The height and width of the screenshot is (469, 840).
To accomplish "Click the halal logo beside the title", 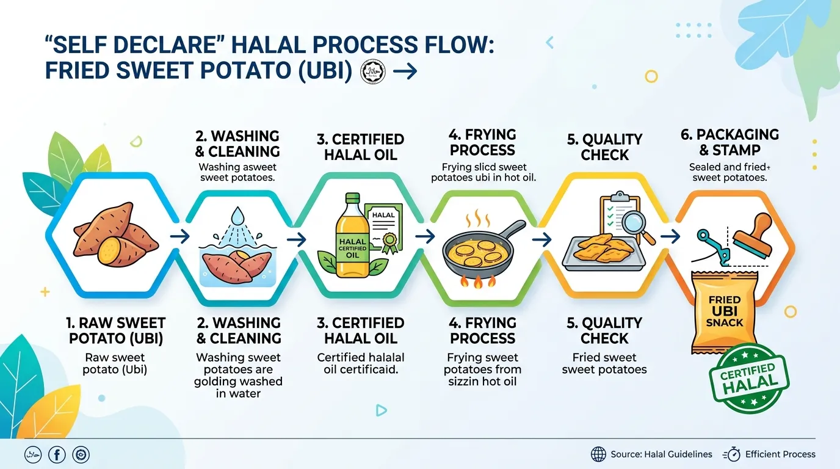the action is (x=373, y=71).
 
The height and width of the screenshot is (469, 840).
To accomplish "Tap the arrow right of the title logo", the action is (x=405, y=71).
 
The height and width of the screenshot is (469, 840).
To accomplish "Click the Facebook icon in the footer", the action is (x=57, y=455).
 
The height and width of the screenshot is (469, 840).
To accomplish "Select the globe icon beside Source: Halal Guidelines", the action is (x=598, y=454).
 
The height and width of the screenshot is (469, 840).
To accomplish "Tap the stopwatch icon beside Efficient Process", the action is (x=731, y=454).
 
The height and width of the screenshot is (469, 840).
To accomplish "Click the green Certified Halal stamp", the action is (x=749, y=378).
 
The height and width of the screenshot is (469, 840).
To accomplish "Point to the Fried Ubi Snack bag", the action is (x=724, y=311).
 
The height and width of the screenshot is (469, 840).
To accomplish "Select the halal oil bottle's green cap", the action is (x=352, y=198).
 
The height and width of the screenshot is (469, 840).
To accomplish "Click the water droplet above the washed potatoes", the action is (x=237, y=216).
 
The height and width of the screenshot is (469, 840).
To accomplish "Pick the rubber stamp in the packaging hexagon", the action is (x=753, y=236).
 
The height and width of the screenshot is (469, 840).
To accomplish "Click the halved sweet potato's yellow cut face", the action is (x=109, y=250).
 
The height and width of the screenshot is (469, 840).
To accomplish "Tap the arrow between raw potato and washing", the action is (x=180, y=236).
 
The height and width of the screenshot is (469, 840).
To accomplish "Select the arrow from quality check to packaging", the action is (x=670, y=236).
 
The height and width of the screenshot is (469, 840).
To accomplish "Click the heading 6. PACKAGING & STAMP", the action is (x=730, y=142).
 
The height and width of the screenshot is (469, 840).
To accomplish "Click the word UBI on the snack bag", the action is (x=725, y=311).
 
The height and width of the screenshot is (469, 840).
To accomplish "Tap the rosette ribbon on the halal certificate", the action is (x=389, y=242).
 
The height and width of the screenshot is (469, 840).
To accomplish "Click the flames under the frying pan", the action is (x=477, y=281).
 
